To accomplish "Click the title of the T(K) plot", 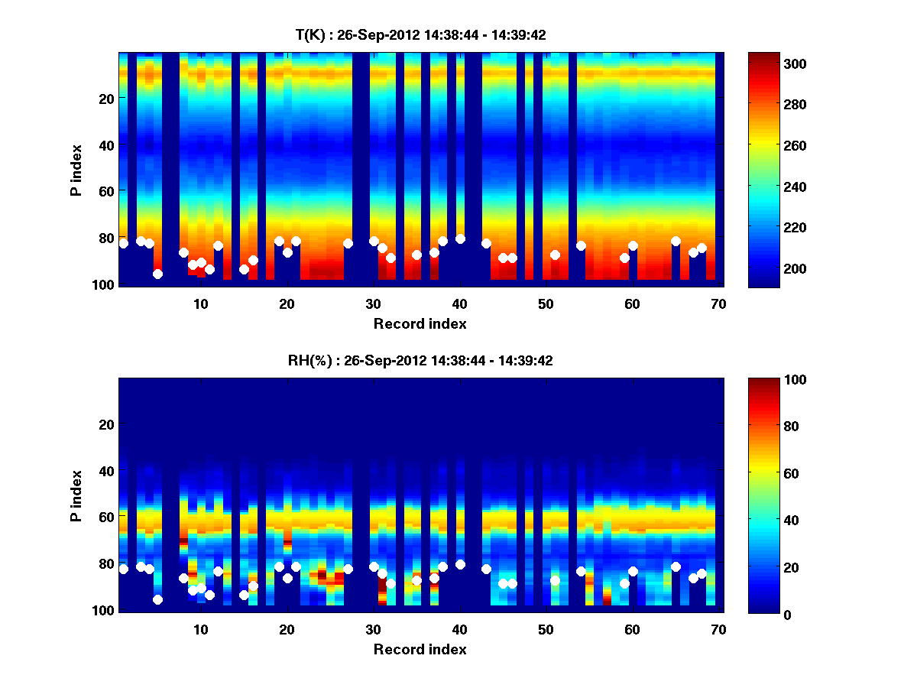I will coord(420,35).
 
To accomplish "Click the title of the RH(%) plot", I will coord(420,361).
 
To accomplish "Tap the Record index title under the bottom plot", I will coord(420,649).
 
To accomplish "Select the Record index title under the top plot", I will coord(420,323).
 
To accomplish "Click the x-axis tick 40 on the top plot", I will coord(459,303).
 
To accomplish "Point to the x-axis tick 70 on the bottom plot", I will coord(718,629).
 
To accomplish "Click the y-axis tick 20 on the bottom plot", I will coord(107,424).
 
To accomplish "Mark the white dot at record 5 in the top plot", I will coord(157,274).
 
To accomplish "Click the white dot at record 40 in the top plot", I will coord(460,239).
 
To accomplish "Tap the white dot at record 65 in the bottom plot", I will coord(676,566).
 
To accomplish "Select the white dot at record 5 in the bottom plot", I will coord(157,599).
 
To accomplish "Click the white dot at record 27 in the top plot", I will coord(348,243).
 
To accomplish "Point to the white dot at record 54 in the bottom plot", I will coord(581,571).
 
